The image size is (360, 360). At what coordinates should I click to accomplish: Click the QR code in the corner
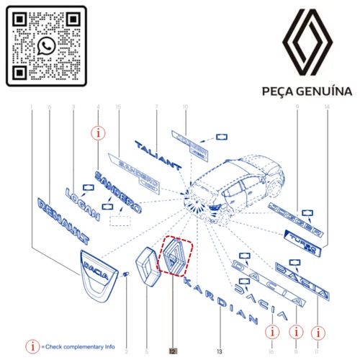pos(47,46)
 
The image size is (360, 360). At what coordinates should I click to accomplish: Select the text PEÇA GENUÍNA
pos(307,91)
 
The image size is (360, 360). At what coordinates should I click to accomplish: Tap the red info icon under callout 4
pos(99,133)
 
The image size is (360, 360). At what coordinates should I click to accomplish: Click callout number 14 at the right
pos(327,108)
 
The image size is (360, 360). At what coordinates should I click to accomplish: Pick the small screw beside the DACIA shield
pos(125,274)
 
